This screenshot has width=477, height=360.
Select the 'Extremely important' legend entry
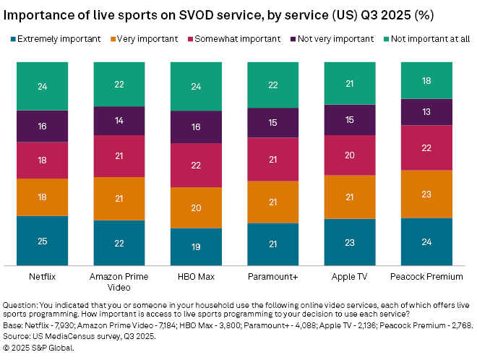tap(54, 39)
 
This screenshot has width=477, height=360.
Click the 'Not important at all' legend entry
tap(426, 39)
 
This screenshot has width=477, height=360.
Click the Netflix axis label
tap(42, 276)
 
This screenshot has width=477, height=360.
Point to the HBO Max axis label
tap(195, 276)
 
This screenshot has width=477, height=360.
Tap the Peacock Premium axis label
tap(426, 276)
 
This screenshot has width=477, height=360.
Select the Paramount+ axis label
tap(272, 276)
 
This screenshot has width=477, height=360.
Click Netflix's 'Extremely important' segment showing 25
tap(42, 241)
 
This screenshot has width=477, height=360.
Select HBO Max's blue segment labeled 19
tap(195, 247)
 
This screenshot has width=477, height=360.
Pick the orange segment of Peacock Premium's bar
tap(426, 194)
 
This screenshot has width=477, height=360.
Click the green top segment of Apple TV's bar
tap(349, 83)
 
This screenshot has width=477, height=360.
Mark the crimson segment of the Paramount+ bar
tap(272, 159)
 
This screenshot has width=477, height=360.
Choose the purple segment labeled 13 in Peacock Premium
tap(426, 111)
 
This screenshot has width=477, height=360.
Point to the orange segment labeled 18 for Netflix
tap(42, 197)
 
